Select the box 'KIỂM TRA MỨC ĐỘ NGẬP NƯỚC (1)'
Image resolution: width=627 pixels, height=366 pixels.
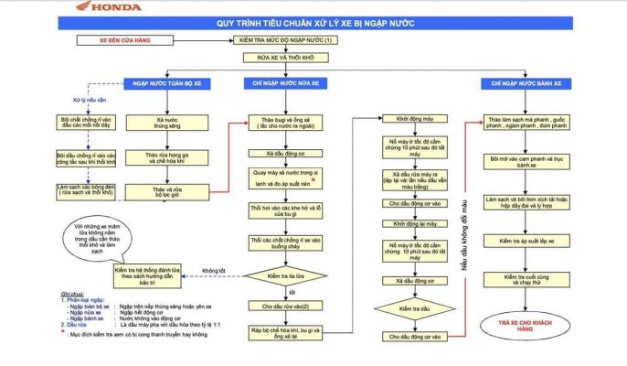pyautogui.click(x=286, y=41)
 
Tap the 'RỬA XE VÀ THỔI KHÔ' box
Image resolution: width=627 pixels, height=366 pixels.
pyautogui.click(x=285, y=57)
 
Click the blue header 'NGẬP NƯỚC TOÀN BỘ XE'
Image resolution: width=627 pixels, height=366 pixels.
pyautogui.click(x=169, y=83)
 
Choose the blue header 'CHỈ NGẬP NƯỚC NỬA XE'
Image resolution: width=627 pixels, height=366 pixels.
pyautogui.click(x=286, y=83)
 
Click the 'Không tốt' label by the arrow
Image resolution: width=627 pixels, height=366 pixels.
pyautogui.click(x=213, y=271)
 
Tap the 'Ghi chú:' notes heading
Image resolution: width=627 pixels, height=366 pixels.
pyautogui.click(x=73, y=294)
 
